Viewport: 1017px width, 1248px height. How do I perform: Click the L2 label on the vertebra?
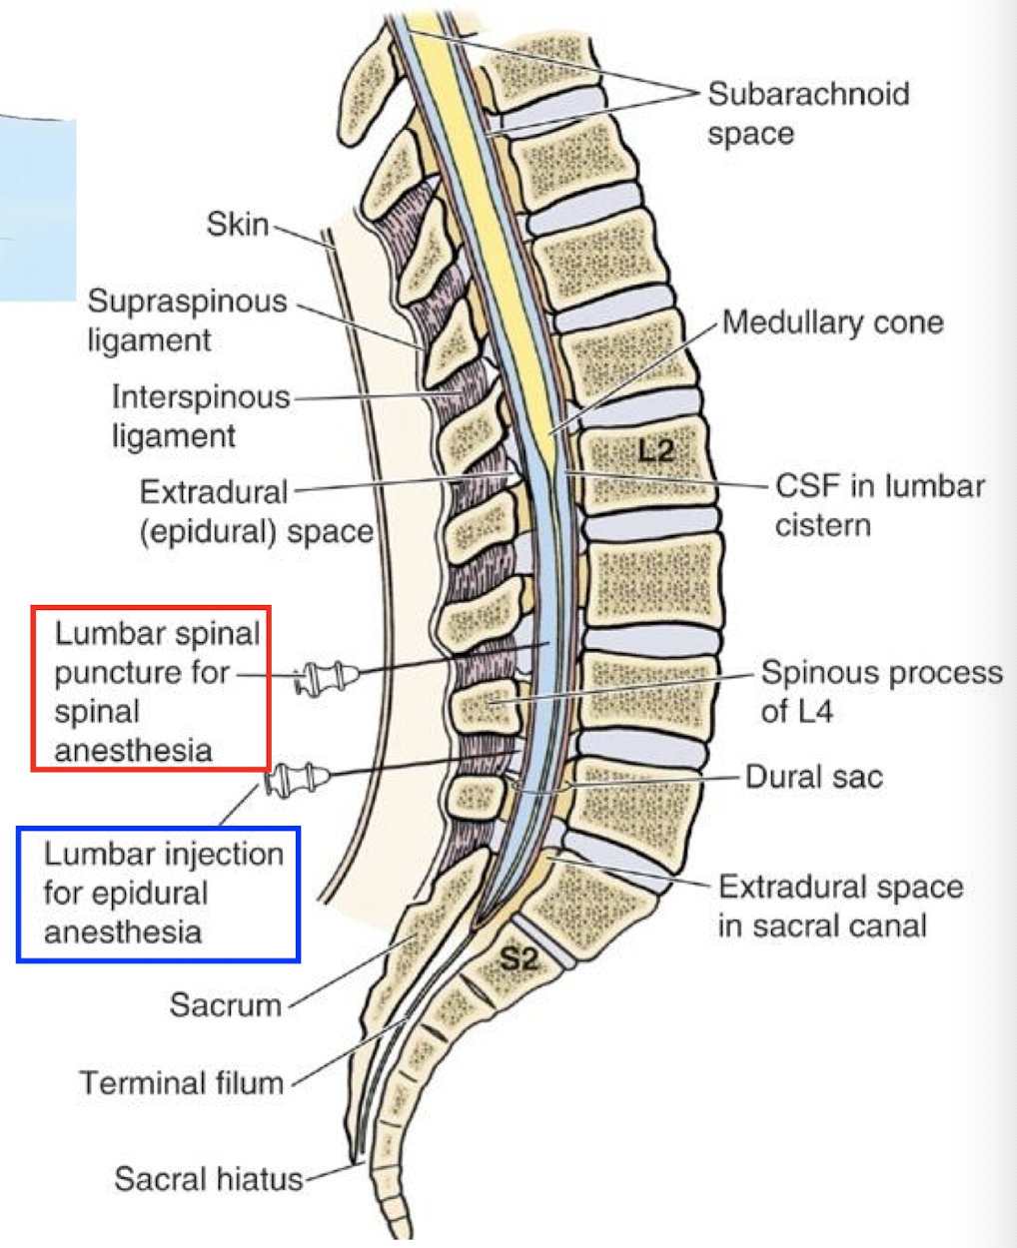pos(655,450)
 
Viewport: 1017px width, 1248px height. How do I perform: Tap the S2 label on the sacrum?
pos(518,959)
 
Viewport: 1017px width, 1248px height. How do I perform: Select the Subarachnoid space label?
pos(807,113)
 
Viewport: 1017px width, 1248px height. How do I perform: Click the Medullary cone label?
pos(832,322)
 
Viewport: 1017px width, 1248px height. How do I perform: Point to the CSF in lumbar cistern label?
pos(879,505)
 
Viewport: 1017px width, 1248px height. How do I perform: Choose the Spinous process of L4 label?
pos(881,691)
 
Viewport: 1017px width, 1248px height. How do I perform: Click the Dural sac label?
pos(813,777)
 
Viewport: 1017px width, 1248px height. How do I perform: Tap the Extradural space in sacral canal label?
pos(840,906)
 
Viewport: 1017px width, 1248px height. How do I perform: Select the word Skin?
pos(237,224)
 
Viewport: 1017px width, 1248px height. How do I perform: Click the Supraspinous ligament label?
pos(187,319)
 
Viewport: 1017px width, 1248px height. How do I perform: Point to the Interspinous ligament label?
pos(200,415)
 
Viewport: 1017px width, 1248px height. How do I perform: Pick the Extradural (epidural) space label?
pos(256,511)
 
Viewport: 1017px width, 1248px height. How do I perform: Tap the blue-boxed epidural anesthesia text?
pos(160,893)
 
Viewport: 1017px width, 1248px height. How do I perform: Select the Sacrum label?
pos(225,1003)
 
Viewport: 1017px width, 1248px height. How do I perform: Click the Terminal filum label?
pos(181,1082)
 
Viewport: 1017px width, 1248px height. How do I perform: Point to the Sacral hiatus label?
pos(208,1178)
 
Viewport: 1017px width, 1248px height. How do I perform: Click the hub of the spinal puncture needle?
pos(325,678)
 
